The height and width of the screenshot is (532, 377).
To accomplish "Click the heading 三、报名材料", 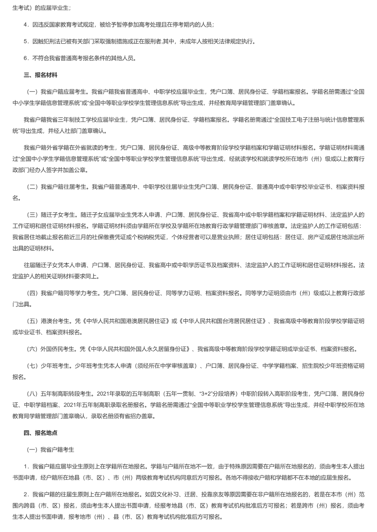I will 40,75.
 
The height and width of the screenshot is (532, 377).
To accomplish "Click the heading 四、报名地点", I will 40,433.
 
